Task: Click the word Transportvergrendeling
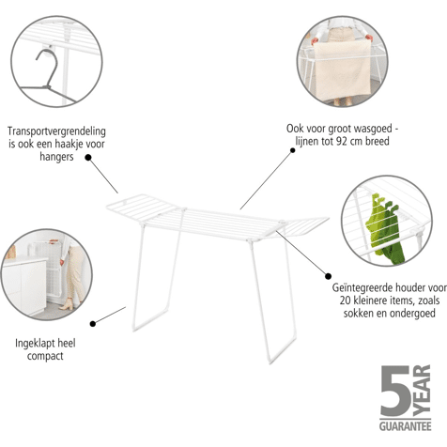[x=56, y=131]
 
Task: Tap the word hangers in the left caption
[x=56, y=157]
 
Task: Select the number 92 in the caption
[x=342, y=141]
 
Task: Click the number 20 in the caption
[x=346, y=301]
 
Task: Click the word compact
[x=45, y=356]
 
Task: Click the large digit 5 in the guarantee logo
[x=395, y=392]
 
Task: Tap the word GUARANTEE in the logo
[x=406, y=426]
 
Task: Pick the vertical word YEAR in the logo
[x=422, y=391]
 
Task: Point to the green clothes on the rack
[x=386, y=228]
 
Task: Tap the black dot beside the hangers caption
[x=88, y=158]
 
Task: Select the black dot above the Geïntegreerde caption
[x=328, y=276]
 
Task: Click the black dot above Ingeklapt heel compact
[x=93, y=324]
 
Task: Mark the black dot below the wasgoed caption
[x=293, y=150]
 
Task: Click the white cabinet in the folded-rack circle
[x=24, y=285]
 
